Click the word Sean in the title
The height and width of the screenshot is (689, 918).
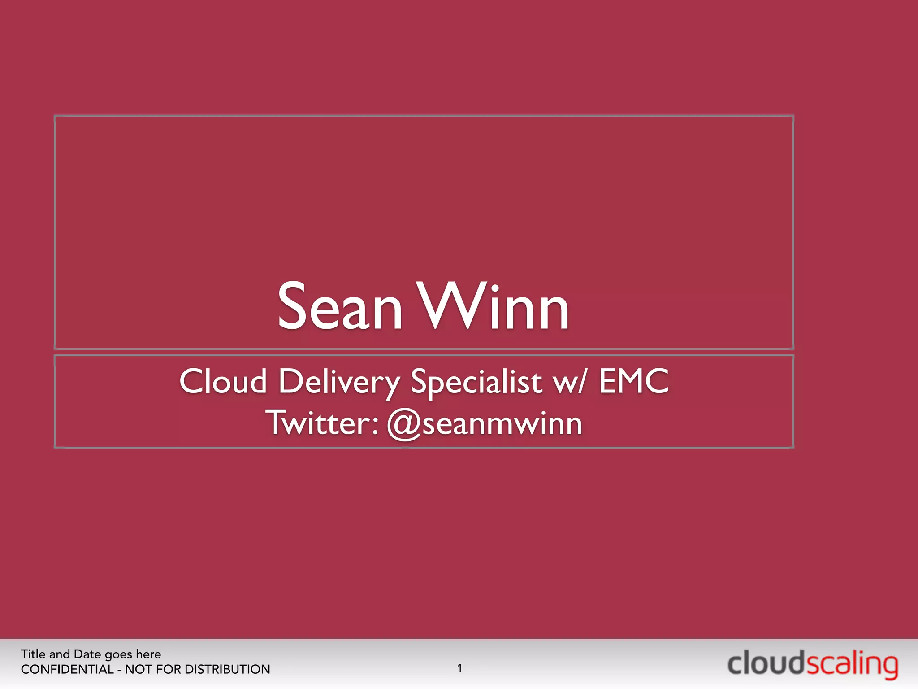click(x=340, y=307)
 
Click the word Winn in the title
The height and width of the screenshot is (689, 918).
click(x=493, y=307)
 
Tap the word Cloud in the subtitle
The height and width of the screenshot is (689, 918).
click(x=223, y=382)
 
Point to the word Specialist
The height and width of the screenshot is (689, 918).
click(x=476, y=383)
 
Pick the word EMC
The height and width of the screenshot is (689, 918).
click(x=634, y=381)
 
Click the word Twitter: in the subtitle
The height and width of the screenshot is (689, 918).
click(x=322, y=423)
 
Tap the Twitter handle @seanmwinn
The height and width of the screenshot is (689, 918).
click(x=484, y=424)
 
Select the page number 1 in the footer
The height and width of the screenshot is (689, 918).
click(x=459, y=668)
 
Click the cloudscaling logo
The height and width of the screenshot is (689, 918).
click(x=812, y=664)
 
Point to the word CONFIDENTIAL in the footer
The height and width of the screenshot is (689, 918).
click(x=67, y=669)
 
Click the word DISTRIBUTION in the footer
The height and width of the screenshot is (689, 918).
click(x=227, y=669)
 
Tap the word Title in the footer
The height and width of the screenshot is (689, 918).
click(x=33, y=654)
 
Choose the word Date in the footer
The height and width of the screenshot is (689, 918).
click(x=87, y=654)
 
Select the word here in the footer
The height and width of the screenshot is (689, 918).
click(x=148, y=654)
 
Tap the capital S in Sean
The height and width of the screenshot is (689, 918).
click(x=295, y=306)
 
